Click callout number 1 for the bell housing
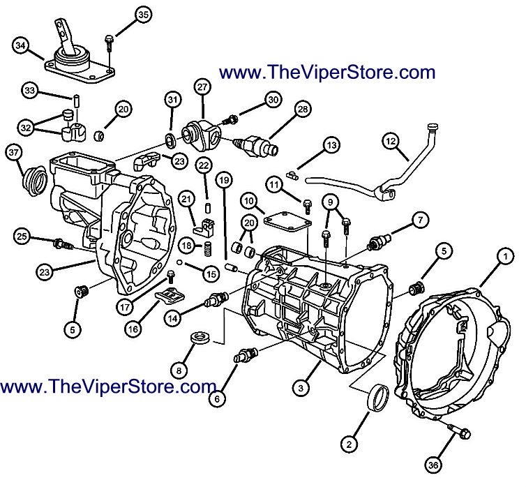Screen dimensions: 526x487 (x=505, y=257)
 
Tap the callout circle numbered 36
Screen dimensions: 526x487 (x=433, y=465)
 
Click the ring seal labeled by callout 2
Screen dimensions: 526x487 (x=378, y=398)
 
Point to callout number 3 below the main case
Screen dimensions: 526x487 (x=301, y=388)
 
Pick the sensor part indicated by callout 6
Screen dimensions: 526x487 (x=246, y=355)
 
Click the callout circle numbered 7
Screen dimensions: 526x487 (x=421, y=220)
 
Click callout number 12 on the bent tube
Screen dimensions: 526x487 (x=391, y=141)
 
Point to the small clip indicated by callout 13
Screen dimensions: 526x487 (x=292, y=174)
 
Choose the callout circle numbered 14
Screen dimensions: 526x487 (x=172, y=318)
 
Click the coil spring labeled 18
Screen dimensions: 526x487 (x=208, y=249)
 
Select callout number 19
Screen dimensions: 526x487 (x=225, y=180)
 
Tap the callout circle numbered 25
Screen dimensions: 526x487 (x=22, y=236)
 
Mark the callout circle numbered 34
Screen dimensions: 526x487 (x=21, y=45)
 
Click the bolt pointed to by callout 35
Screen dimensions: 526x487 (x=110, y=43)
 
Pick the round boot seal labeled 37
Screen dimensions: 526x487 (x=34, y=180)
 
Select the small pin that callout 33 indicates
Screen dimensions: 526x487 (x=76, y=101)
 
